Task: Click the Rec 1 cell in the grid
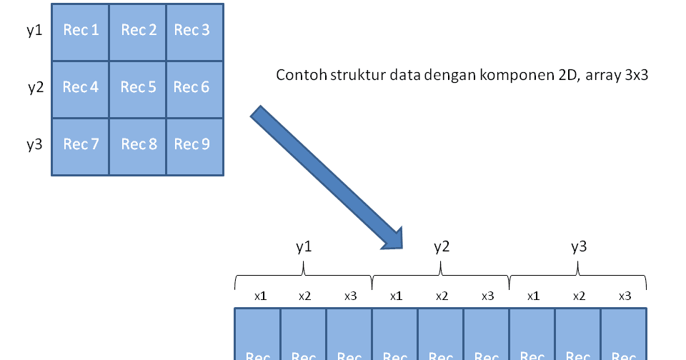81,31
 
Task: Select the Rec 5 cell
138,89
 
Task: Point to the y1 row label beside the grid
34,31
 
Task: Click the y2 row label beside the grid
35,88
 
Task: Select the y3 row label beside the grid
34,145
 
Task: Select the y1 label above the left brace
304,247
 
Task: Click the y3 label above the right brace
579,247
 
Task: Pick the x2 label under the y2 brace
442,296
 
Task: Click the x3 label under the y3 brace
625,296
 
